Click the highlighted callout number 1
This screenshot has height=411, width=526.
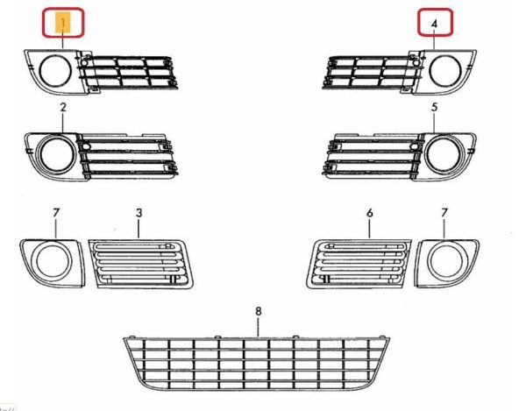pos(63,23)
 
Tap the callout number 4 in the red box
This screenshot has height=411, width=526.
pos(435,24)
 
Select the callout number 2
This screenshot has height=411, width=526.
pos(63,107)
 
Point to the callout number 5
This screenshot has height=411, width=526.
pos(435,107)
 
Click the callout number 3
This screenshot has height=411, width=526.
pos(139,213)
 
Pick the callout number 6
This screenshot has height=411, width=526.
pos(370,213)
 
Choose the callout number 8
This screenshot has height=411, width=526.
pos(258,311)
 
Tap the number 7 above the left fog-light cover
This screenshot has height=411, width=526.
pos(56,213)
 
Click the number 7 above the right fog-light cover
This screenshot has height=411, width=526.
pos(444,213)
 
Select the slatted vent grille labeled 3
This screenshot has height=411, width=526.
pos(140,264)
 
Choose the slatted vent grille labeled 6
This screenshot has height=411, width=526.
pos(359,264)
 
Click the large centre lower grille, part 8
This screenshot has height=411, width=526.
pos(257,363)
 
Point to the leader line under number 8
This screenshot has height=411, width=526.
pos(258,327)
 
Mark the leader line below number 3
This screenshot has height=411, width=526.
pos(139,229)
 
